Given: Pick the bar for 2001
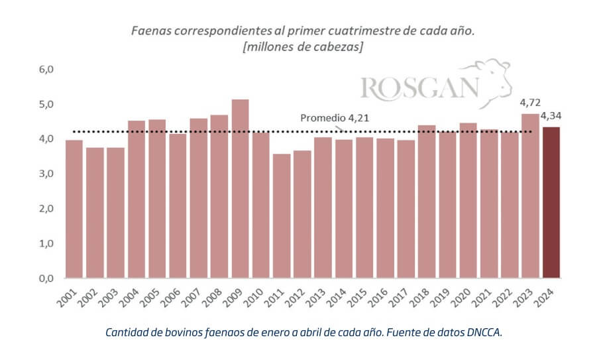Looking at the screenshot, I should pyautogui.click(x=74, y=209).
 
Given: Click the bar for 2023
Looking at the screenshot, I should pyautogui.click(x=530, y=196).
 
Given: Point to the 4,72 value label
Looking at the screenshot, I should pyautogui.click(x=529, y=104).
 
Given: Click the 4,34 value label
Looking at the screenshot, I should pyautogui.click(x=553, y=117).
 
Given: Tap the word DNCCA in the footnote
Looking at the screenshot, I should pyautogui.click(x=484, y=332).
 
